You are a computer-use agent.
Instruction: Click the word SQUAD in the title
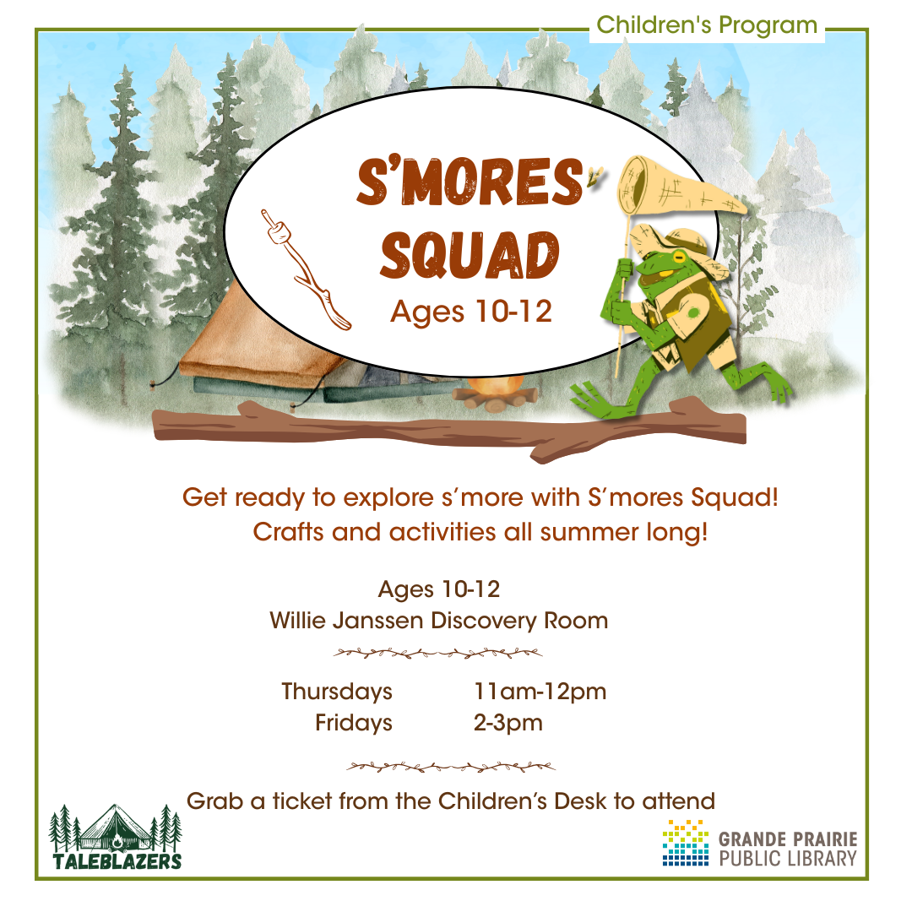(469, 254)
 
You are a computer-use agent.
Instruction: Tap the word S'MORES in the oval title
(466, 181)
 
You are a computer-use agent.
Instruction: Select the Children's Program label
(707, 25)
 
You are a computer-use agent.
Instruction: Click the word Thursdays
(337, 692)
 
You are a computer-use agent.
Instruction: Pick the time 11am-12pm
(540, 692)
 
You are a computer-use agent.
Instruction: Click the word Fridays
(354, 723)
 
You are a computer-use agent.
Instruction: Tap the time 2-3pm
(508, 723)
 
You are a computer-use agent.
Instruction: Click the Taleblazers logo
(116, 837)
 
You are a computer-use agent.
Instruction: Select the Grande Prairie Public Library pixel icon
(685, 843)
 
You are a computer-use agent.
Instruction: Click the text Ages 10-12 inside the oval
(470, 312)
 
